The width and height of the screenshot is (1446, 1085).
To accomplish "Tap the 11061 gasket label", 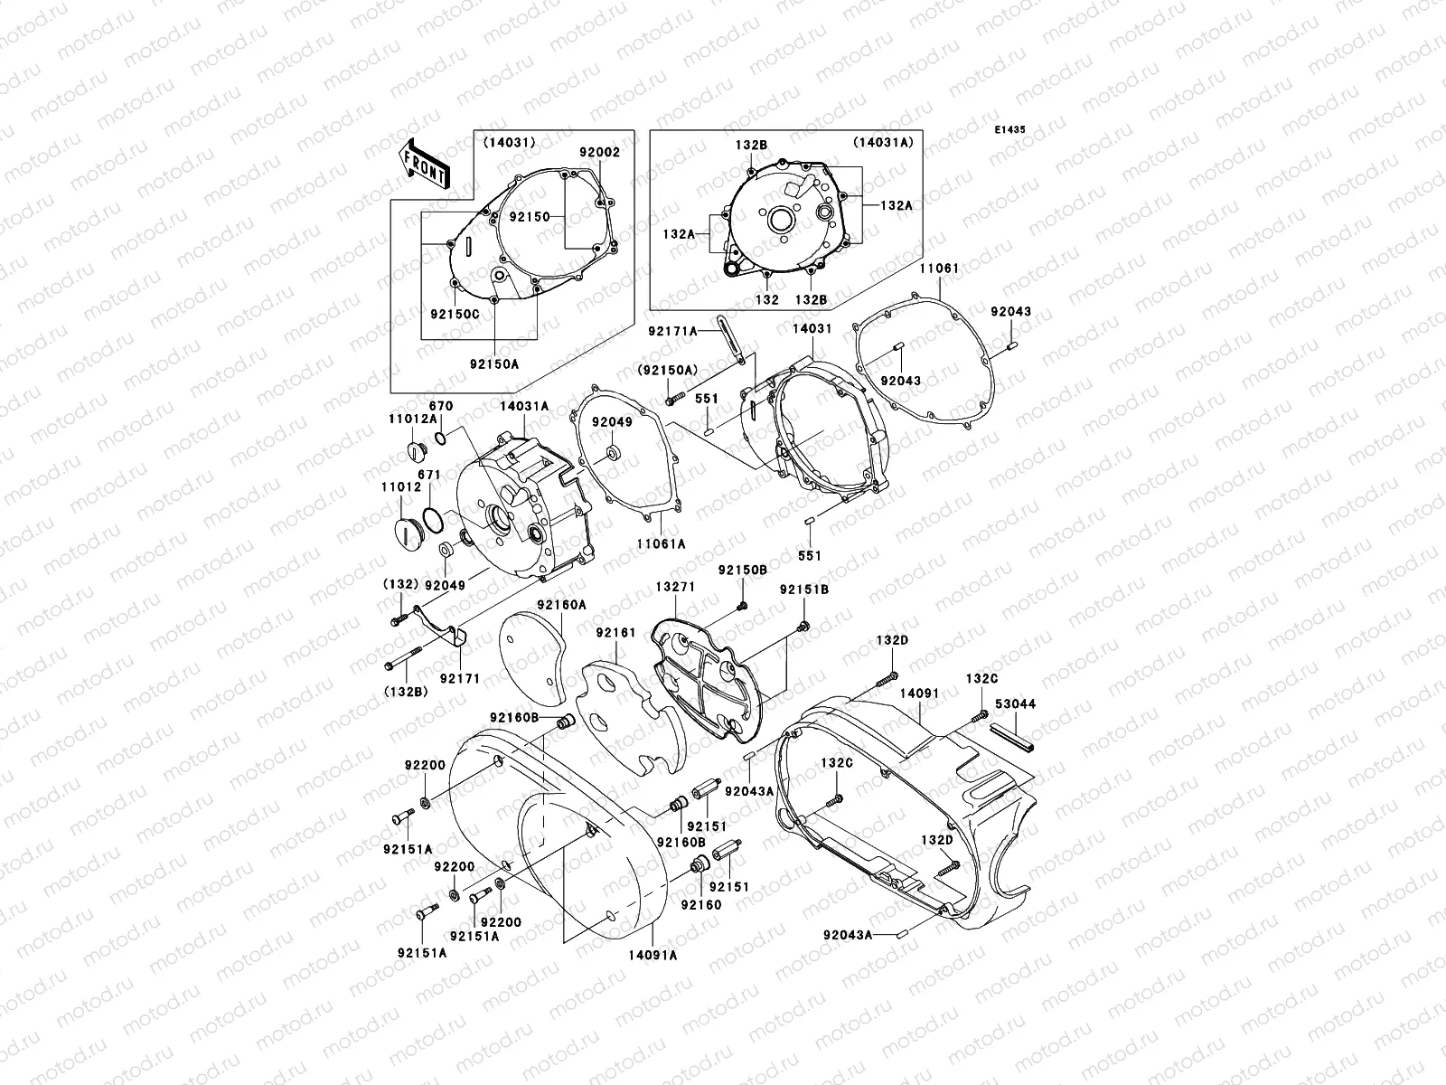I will coord(940,269).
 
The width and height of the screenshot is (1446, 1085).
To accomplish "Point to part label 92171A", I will coord(672,331).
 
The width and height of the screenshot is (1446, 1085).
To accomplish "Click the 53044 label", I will coord(1015,703).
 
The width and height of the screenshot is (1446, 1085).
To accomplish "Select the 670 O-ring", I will coord(440,439).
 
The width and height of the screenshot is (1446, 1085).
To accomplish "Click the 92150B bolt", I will coord(742,605).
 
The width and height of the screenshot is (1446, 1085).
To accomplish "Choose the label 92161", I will coord(615,633).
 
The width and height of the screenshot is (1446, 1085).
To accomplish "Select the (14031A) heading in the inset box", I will coord(881,142).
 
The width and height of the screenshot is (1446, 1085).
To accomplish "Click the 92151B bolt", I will coord(803,625).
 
